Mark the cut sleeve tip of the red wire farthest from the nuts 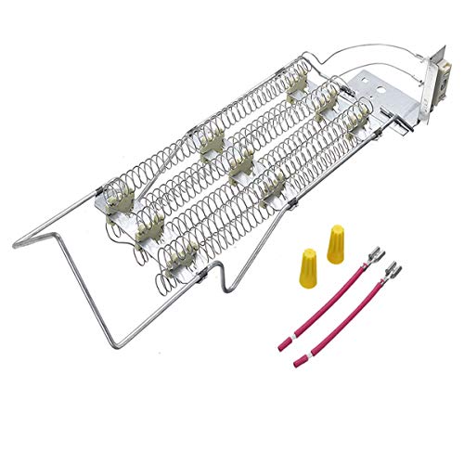[x=296, y=361]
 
